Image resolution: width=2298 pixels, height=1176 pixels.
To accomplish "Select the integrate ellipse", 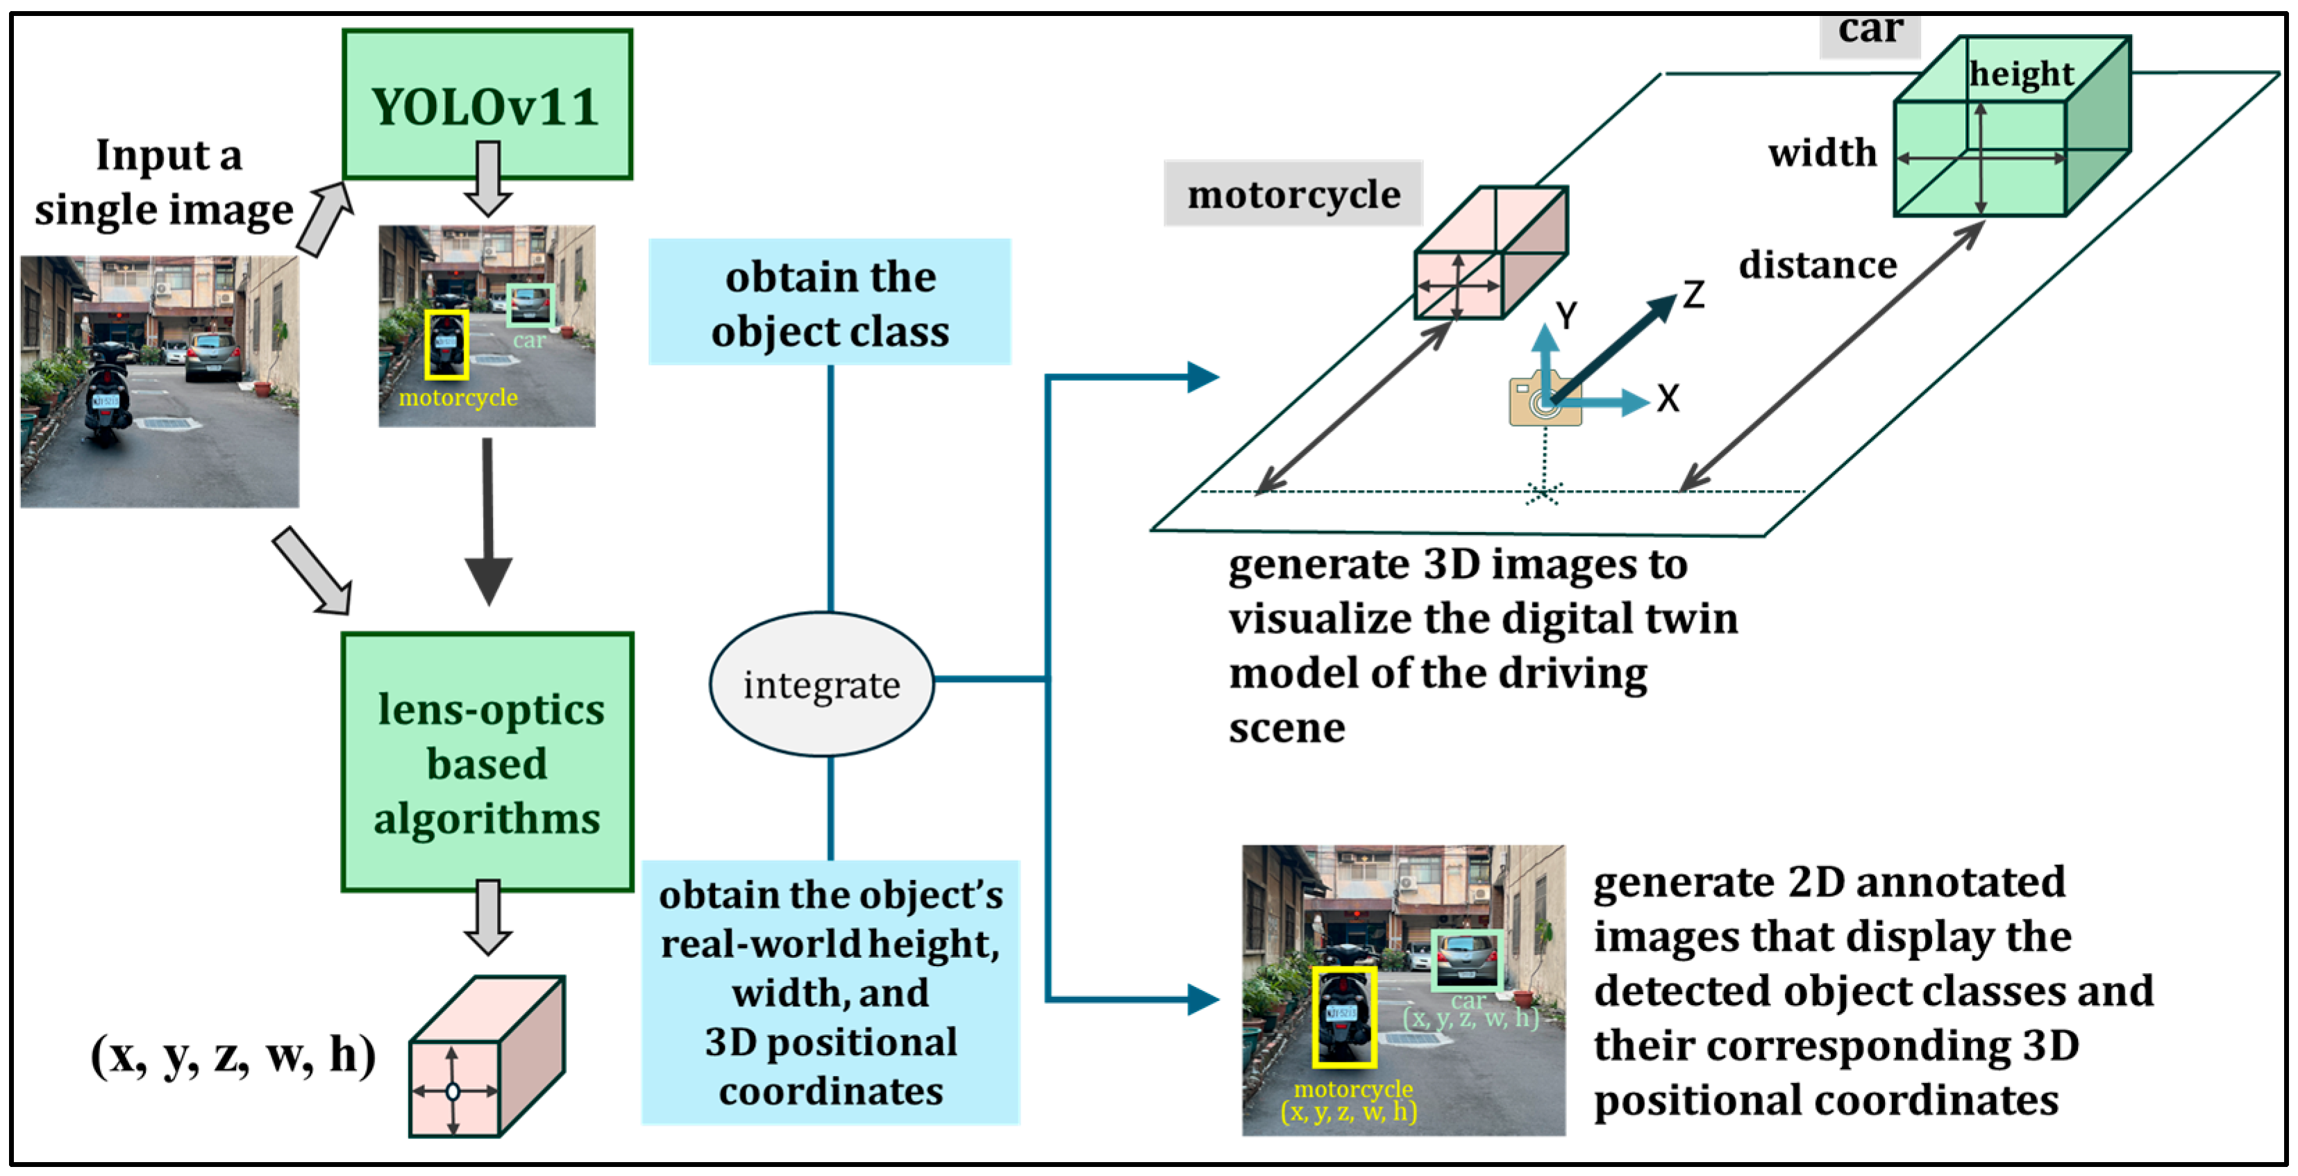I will (x=821, y=684).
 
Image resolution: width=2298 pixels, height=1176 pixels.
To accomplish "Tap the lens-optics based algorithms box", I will (x=487, y=762).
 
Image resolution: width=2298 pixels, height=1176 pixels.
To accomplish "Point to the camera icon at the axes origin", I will (x=1541, y=399).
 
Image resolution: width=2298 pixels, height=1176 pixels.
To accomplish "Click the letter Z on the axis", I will (x=1694, y=295).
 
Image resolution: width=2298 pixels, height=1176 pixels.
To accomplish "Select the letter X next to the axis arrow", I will (x=1668, y=399).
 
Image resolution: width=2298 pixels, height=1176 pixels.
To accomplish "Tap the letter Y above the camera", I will (x=1566, y=315).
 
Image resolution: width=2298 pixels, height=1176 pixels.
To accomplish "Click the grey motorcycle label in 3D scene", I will (x=1293, y=194).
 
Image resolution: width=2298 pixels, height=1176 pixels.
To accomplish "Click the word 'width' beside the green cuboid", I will (x=1822, y=153).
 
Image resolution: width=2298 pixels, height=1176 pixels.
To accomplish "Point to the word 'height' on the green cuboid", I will (x=2020, y=74).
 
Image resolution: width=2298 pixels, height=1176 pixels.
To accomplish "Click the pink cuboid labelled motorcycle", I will (x=1490, y=254).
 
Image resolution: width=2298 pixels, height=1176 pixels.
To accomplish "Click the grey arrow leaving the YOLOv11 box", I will (x=487, y=179).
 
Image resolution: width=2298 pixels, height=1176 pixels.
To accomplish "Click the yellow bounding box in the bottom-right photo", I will (x=1343, y=1017).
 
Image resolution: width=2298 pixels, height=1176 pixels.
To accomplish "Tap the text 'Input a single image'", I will (x=166, y=182).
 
